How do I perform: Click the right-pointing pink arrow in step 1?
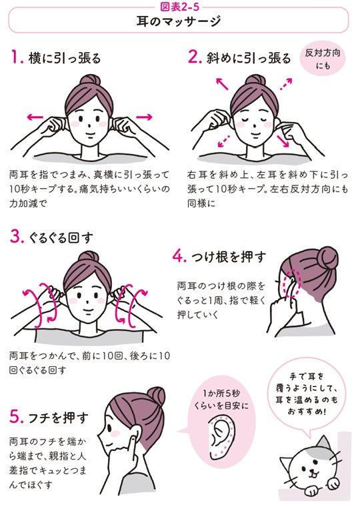coord(143,117)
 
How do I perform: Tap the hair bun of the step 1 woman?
coord(89,79)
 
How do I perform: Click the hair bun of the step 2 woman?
coord(253,79)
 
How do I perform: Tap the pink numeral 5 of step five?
coord(16,419)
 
